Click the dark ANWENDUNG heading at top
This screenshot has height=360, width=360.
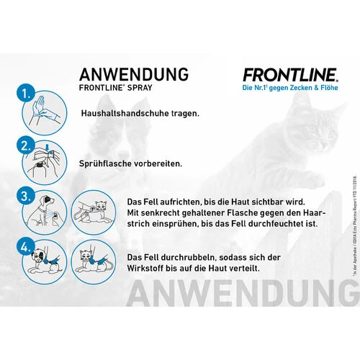[134, 75]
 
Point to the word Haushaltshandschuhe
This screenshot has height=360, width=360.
[118, 113]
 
